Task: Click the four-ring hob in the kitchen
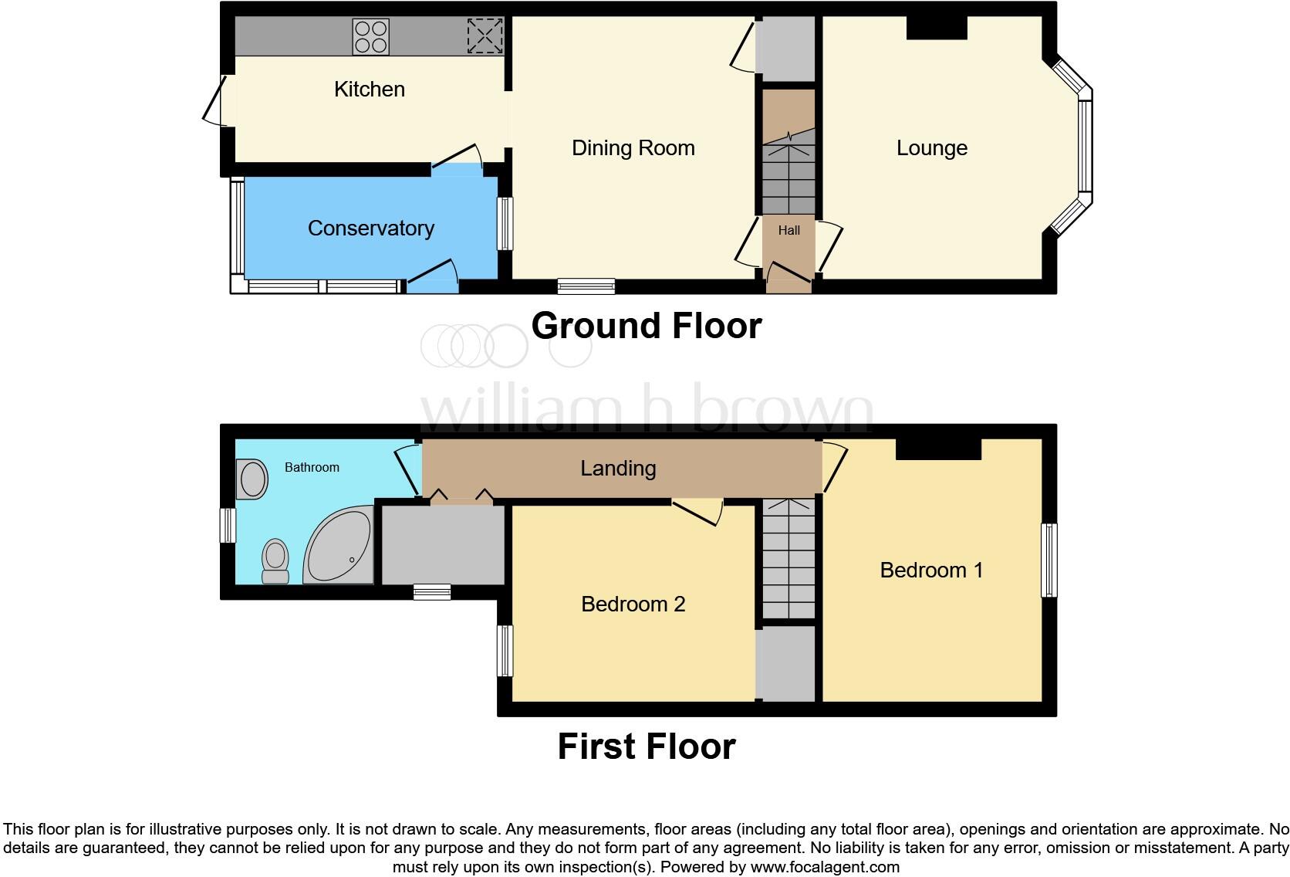click(x=370, y=36)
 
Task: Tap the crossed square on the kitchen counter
click(x=485, y=36)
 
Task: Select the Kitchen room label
click(x=369, y=90)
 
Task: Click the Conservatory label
click(x=370, y=229)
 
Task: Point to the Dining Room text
click(x=633, y=148)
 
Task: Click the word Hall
click(x=789, y=230)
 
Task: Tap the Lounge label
click(x=931, y=148)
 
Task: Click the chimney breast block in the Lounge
click(x=936, y=28)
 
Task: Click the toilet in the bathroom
click(x=275, y=560)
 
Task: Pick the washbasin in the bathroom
click(x=252, y=479)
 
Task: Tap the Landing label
click(x=618, y=469)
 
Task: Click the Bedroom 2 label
click(x=633, y=604)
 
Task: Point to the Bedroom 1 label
click(x=931, y=571)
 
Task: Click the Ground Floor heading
click(x=646, y=326)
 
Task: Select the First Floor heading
click(x=646, y=747)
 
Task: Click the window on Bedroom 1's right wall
click(x=1049, y=560)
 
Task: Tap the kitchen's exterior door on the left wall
click(x=214, y=100)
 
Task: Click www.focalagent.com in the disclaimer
click(x=825, y=867)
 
